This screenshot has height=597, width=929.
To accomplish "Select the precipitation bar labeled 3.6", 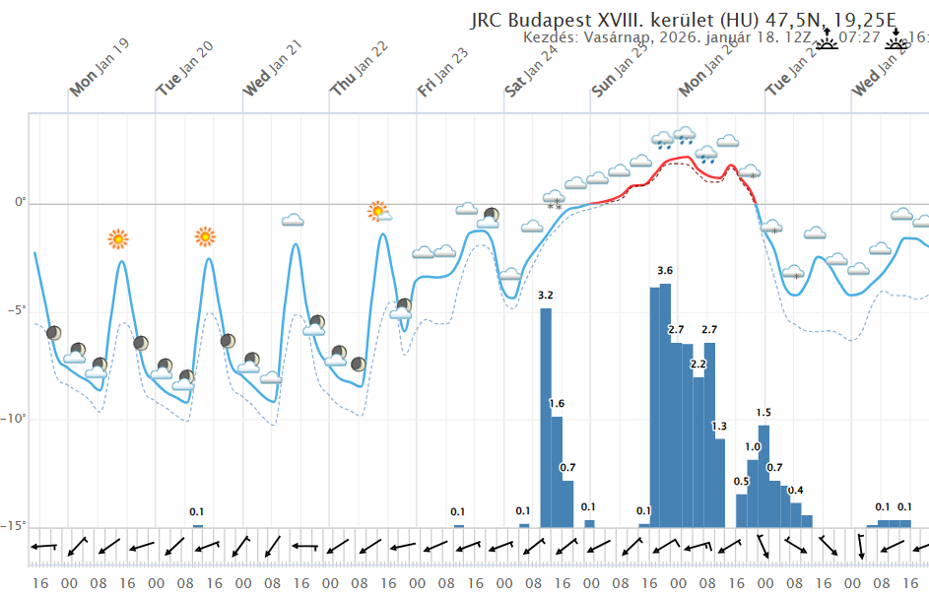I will pyautogui.click(x=665, y=404).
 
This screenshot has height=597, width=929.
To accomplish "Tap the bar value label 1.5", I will pyautogui.click(x=763, y=413).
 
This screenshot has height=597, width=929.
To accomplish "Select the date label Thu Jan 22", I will pyautogui.click(x=360, y=69).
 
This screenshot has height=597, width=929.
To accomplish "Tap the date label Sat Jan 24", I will pyautogui.click(x=532, y=69).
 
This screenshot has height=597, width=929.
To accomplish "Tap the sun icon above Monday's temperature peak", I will pyautogui.click(x=118, y=238).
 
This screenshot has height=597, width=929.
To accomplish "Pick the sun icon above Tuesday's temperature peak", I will pyautogui.click(x=205, y=236).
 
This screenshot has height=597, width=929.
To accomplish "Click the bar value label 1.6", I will pyautogui.click(x=557, y=404).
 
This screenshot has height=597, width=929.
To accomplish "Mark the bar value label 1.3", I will pyautogui.click(x=719, y=426).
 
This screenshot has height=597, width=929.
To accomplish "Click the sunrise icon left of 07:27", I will pyautogui.click(x=826, y=39).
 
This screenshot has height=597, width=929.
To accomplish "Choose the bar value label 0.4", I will pyautogui.click(x=795, y=490).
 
